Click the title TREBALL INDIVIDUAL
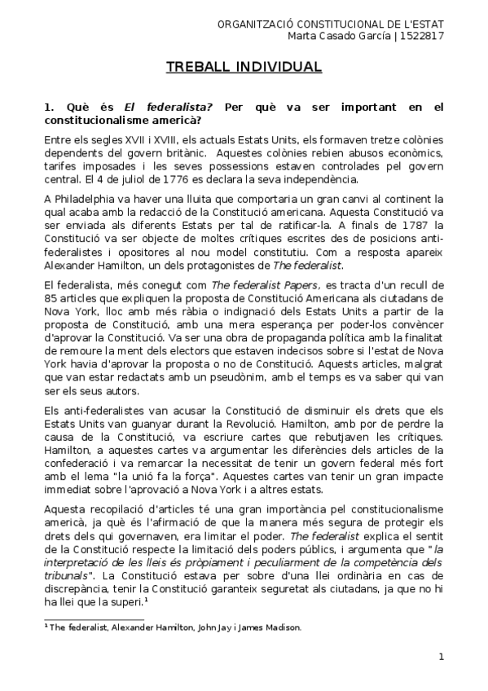244,66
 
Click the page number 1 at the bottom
441,657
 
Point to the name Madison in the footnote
279,627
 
